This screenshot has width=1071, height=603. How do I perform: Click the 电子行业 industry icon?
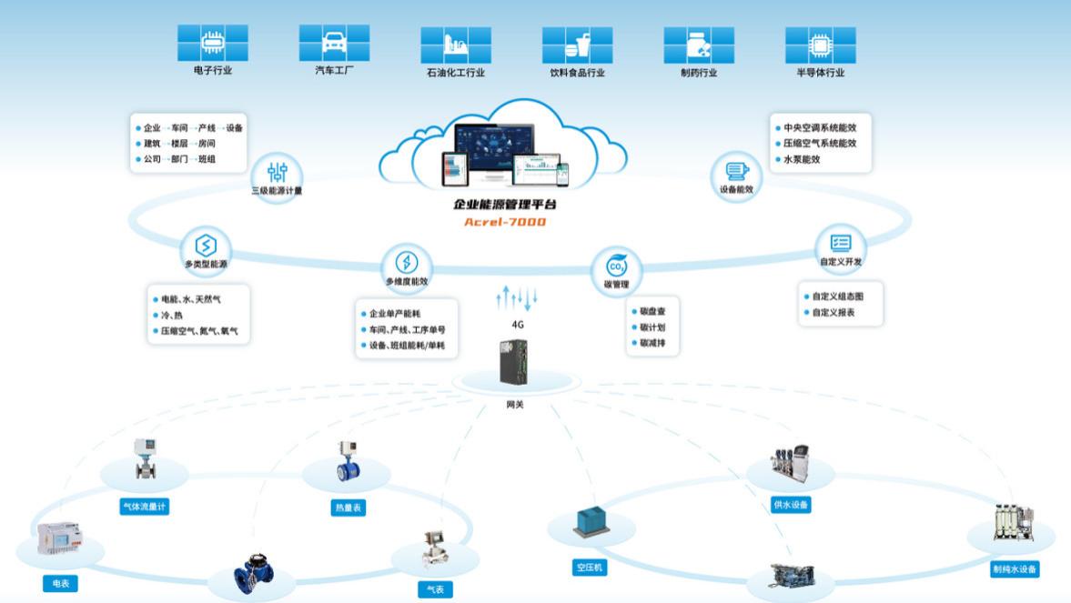tap(212, 42)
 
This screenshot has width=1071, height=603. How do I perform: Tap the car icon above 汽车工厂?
tap(334, 42)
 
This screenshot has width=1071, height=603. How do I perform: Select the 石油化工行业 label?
tap(455, 73)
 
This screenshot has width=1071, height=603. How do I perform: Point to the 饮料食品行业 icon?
tap(577, 44)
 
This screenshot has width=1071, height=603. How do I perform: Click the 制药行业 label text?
tap(699, 73)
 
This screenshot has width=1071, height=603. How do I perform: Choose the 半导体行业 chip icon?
tap(820, 44)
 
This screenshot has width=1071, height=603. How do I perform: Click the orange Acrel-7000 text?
tap(505, 221)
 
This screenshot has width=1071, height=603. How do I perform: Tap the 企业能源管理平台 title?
tap(505, 205)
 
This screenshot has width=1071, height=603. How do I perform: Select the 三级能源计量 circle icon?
tap(278, 172)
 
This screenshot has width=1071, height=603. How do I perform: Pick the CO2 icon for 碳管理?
tap(616, 266)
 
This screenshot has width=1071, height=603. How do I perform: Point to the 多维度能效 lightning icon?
tap(407, 263)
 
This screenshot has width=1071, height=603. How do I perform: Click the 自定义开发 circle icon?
tap(841, 243)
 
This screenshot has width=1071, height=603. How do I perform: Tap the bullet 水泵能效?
tap(802, 159)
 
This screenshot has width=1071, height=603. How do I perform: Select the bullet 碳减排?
tap(653, 344)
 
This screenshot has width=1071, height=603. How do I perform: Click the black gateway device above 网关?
tap(514, 365)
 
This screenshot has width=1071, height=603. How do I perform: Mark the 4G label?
tap(518, 324)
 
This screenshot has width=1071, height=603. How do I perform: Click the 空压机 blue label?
tap(589, 568)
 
